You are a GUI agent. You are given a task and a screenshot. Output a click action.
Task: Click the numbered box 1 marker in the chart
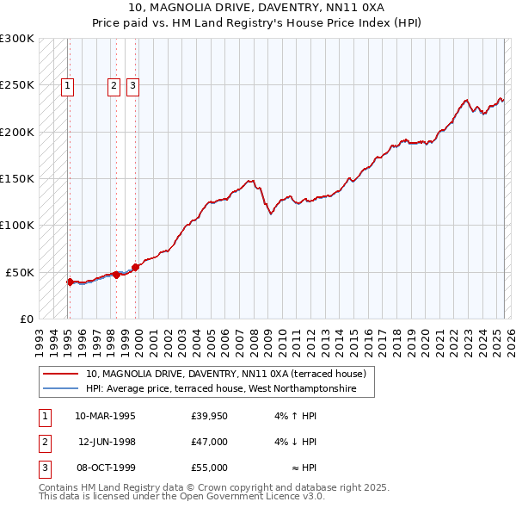pyautogui.click(x=67, y=85)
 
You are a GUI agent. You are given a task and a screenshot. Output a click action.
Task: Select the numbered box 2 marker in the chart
pyautogui.click(x=114, y=85)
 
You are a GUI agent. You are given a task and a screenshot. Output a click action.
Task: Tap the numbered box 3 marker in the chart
pyautogui.click(x=133, y=85)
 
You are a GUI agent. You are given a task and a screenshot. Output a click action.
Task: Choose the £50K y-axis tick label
pyautogui.click(x=20, y=272)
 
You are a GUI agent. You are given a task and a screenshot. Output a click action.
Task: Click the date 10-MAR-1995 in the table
pyautogui.click(x=106, y=417)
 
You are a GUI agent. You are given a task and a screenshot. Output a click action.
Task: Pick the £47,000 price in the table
pyautogui.click(x=210, y=443)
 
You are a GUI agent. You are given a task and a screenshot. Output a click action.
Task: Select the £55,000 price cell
pyautogui.click(x=210, y=468)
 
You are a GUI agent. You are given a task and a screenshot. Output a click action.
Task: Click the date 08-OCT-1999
pyautogui.click(x=106, y=468)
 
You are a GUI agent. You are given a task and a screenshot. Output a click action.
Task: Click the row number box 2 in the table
pyautogui.click(x=44, y=443)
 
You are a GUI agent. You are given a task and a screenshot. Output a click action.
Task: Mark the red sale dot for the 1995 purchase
pyautogui.click(x=70, y=282)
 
